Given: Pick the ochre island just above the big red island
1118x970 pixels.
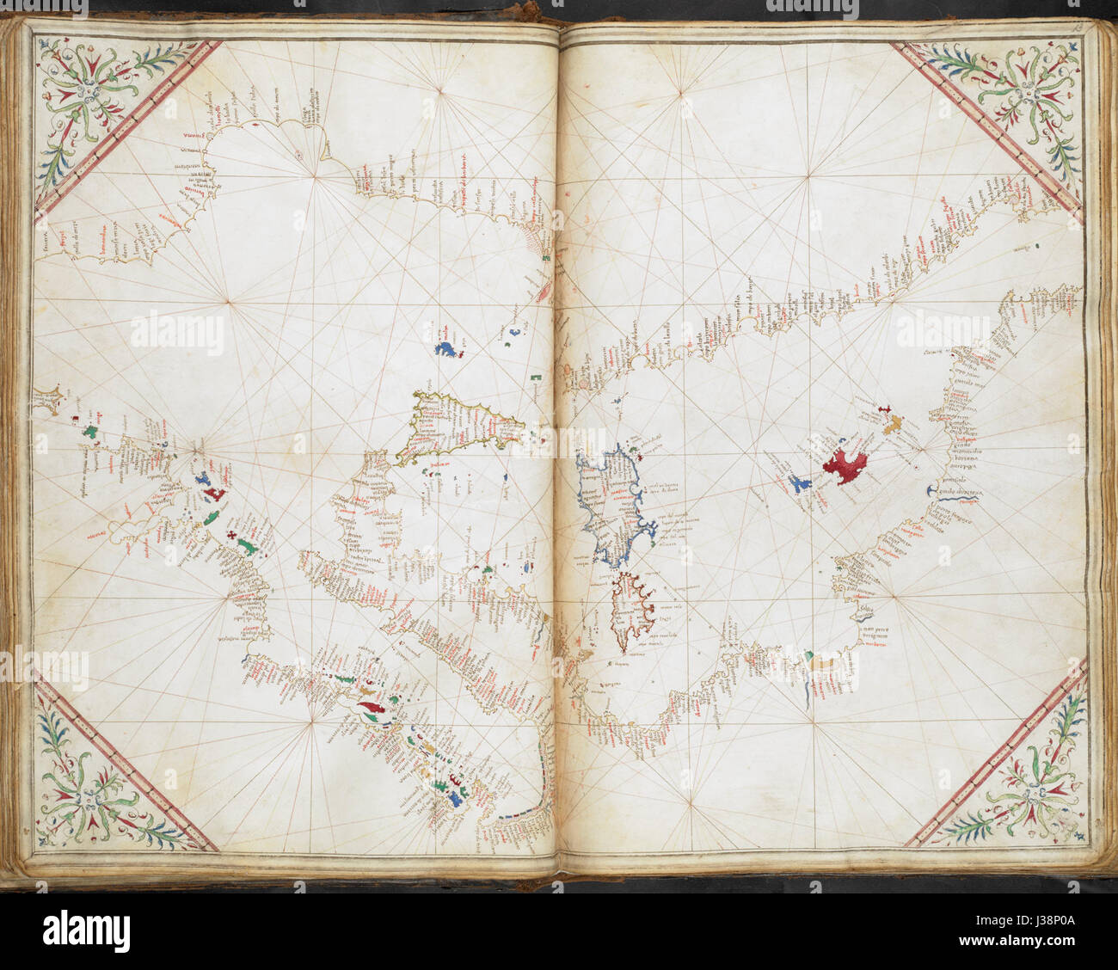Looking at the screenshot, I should point(893,422).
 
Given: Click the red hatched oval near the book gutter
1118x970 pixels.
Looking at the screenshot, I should point(544,294).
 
